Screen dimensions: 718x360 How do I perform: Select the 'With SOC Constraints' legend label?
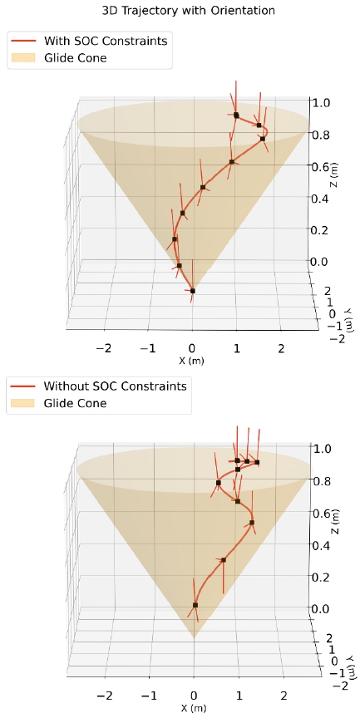[106, 39]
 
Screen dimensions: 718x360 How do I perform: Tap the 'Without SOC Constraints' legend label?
[116, 386]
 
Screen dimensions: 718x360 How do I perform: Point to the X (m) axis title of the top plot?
[193, 361]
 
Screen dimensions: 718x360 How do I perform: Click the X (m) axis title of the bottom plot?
[195, 708]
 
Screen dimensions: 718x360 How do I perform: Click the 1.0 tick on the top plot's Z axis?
[320, 102]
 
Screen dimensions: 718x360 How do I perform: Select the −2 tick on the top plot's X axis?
[105, 347]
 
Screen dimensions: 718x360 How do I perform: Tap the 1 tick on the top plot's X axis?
[237, 347]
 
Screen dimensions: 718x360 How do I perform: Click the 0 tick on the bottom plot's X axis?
[194, 695]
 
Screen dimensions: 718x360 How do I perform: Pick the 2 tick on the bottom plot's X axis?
[284, 695]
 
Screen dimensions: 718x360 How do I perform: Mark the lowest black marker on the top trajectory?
[193, 291]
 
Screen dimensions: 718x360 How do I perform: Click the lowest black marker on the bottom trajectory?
[195, 605]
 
